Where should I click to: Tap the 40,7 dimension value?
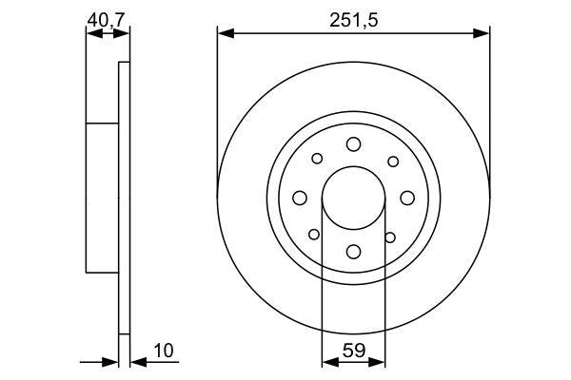(106, 19)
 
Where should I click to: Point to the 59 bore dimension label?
(353, 351)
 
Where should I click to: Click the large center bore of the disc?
(353, 197)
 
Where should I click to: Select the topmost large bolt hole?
(353, 143)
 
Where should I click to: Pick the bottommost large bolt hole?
(353, 251)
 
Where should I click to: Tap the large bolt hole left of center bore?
(300, 197)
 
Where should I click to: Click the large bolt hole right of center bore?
(406, 197)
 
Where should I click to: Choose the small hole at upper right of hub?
(390, 159)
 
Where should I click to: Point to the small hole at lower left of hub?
(316, 235)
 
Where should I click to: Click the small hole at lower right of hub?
(390, 235)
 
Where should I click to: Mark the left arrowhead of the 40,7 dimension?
(91, 33)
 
